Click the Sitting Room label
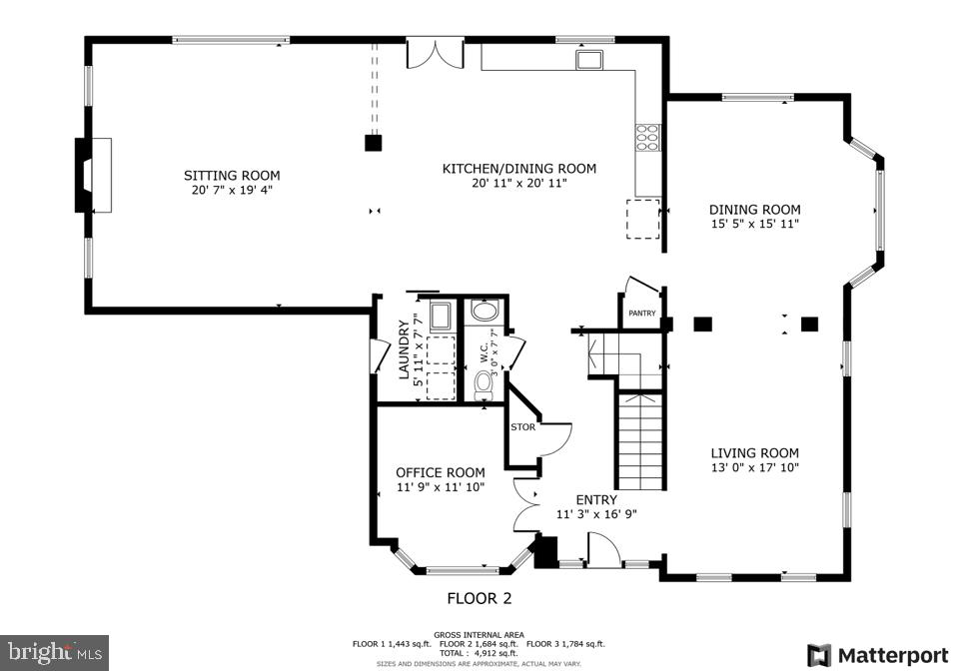231,176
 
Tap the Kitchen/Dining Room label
518,169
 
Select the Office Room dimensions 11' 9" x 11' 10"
441,487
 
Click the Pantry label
642,314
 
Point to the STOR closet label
523,427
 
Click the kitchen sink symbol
588,60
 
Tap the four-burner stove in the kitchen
646,137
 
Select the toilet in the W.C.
484,381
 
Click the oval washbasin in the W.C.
484,312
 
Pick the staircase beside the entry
639,440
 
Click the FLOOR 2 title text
479,599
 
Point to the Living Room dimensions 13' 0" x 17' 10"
754,467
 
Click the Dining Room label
754,210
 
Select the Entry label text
595,500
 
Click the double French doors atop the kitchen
436,54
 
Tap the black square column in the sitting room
373,143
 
